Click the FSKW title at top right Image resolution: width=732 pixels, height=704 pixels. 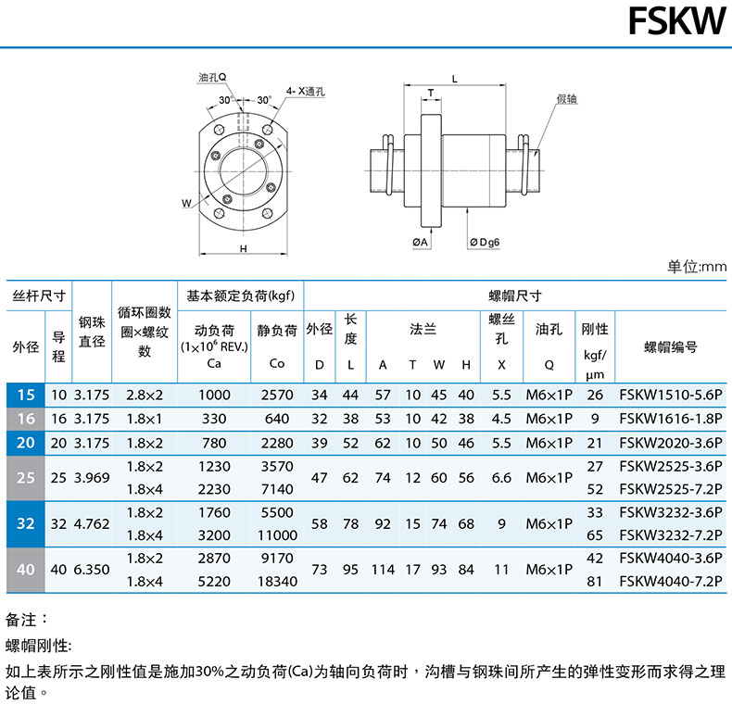point(677,21)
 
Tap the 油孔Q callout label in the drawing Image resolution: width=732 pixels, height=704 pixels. point(212,77)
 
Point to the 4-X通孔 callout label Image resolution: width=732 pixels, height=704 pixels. point(306,91)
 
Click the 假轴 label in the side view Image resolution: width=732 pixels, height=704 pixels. point(567,98)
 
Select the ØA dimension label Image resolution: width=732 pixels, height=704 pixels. point(420,242)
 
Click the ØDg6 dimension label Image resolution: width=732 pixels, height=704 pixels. point(485,243)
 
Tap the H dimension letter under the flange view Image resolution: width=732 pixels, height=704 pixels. point(243,249)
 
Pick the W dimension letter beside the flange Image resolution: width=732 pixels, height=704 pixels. point(186,203)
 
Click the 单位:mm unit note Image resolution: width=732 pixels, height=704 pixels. point(697,267)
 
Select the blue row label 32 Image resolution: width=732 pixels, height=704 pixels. point(26,523)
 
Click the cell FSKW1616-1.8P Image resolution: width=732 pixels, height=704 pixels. point(670,419)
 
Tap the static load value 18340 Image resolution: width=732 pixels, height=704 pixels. point(277,581)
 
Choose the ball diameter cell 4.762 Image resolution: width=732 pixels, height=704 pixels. point(92,523)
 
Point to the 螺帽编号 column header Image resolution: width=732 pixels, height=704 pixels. point(670,346)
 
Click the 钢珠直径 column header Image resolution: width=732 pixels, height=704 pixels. point(92,332)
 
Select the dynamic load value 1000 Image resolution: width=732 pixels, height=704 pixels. point(214,395)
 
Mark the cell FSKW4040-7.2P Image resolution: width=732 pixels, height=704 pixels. point(670,581)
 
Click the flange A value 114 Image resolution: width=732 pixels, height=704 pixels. point(383,570)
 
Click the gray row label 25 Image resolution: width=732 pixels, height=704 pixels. point(26,478)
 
